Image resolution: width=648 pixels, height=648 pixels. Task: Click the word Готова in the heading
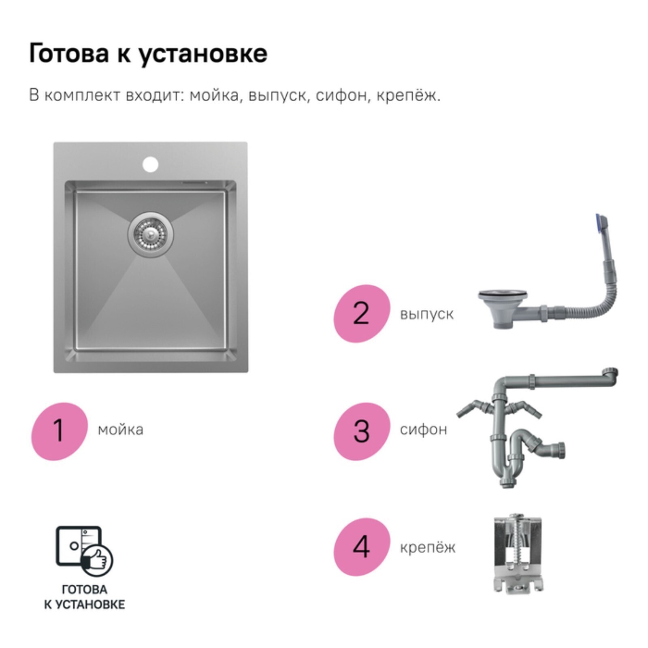[x=69, y=53]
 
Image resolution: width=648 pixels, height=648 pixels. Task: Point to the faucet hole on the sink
[x=150, y=164]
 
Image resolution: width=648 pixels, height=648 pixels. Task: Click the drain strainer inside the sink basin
[x=151, y=234]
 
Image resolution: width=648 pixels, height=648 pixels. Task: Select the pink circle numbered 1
[x=60, y=431]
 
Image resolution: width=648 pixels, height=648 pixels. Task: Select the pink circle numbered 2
[x=362, y=313]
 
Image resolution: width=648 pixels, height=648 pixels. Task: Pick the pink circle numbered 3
[x=362, y=431]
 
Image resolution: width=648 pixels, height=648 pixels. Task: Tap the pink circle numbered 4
[x=362, y=547]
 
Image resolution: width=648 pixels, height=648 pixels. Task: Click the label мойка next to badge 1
[x=121, y=430]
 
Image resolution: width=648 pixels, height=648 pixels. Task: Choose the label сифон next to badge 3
[x=424, y=429]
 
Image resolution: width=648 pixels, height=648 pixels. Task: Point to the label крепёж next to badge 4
[x=428, y=548]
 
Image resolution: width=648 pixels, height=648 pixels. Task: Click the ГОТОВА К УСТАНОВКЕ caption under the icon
[x=85, y=597]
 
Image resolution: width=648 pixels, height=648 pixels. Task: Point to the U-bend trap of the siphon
[x=512, y=462]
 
